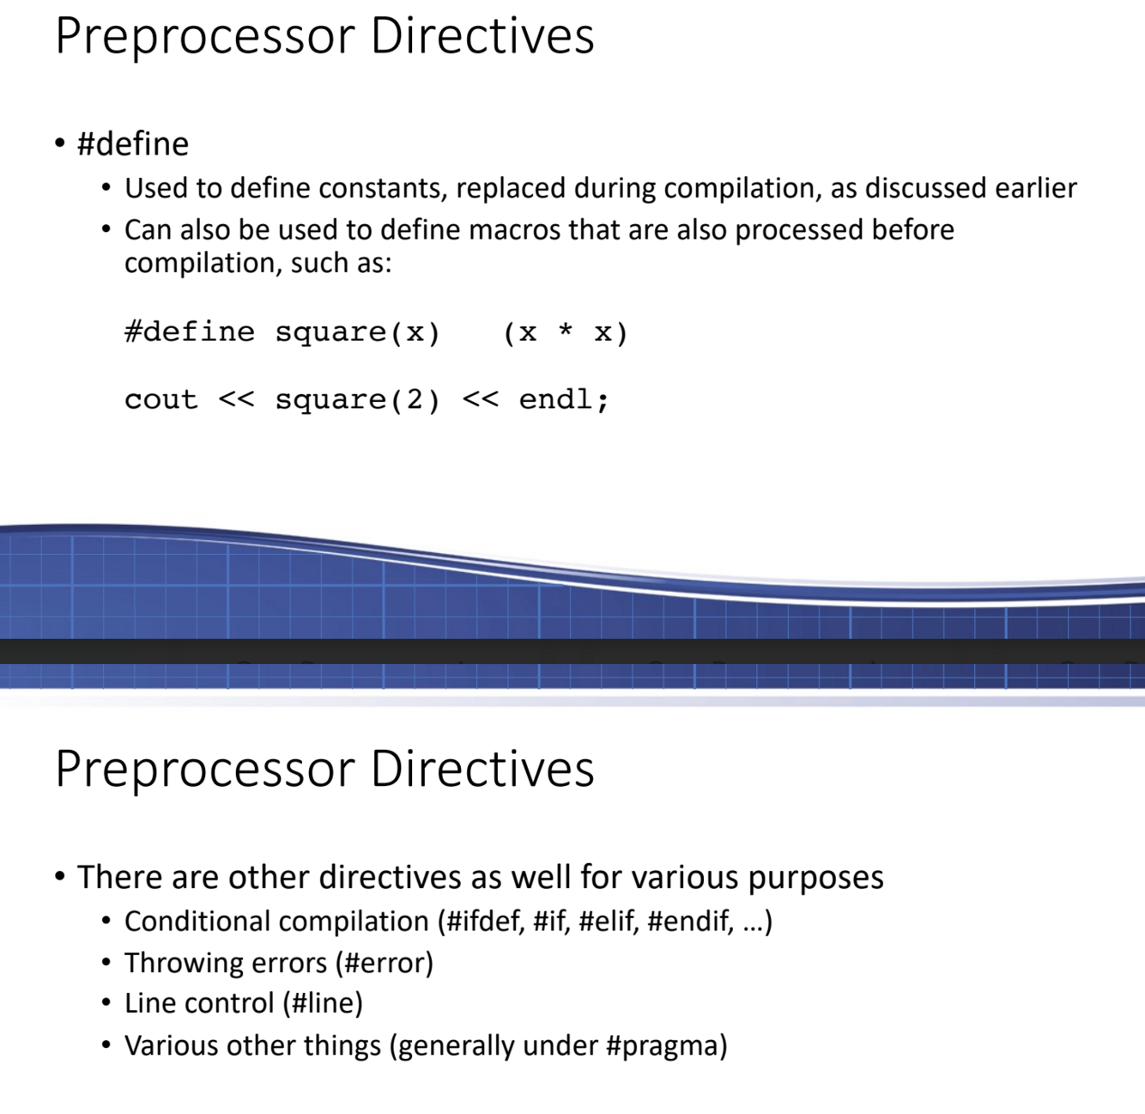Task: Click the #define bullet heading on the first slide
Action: [x=133, y=144]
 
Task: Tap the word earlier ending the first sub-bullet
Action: [x=1035, y=188]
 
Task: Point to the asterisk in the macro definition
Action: [x=566, y=332]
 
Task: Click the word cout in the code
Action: [x=161, y=399]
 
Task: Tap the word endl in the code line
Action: [x=555, y=399]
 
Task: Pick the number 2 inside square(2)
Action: [x=415, y=399]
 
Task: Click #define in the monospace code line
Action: [x=189, y=332]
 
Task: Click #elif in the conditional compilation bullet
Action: [x=609, y=922]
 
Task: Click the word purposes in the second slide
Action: [x=815, y=878]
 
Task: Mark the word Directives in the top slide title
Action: [x=482, y=36]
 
